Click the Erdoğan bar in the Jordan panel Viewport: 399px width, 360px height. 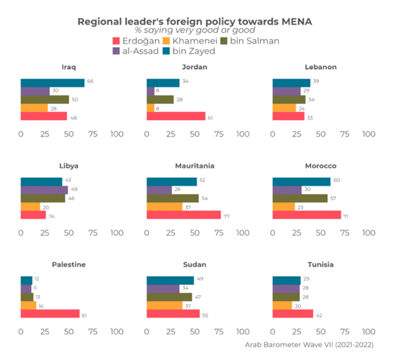176,116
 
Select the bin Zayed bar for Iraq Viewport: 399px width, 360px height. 52,83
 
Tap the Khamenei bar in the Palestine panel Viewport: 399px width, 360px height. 28,305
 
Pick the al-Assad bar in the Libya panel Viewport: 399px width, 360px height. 44,190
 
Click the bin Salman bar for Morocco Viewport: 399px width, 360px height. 300,198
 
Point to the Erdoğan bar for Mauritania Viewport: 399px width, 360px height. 184,215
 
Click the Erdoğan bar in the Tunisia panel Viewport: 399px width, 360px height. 293,314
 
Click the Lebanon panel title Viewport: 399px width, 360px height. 321,68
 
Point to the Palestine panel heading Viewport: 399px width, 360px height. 69,265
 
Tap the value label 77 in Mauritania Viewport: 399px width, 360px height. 227,215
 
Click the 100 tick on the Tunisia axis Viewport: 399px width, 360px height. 369,331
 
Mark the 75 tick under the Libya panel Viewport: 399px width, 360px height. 93,233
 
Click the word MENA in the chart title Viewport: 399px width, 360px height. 295,21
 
